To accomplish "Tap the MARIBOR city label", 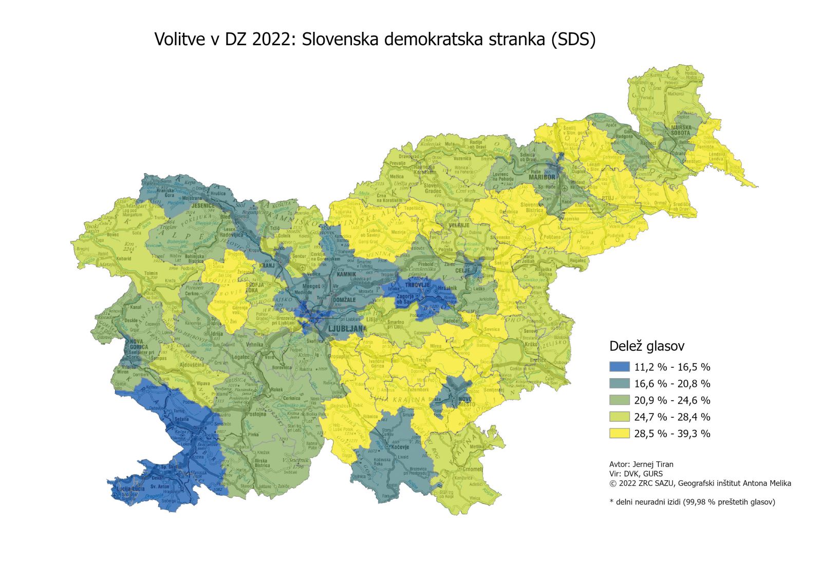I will tap(543, 177).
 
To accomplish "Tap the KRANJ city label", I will tap(267, 266).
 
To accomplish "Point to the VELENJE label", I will tap(459, 225).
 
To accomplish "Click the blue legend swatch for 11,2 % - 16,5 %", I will tap(619, 367).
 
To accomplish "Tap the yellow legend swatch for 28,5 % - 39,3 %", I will tap(619, 433).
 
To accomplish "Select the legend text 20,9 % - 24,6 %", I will tap(672, 400).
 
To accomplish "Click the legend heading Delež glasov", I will tap(646, 346).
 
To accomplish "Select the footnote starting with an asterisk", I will tap(692, 502).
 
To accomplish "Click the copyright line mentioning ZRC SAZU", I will tap(700, 483).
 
